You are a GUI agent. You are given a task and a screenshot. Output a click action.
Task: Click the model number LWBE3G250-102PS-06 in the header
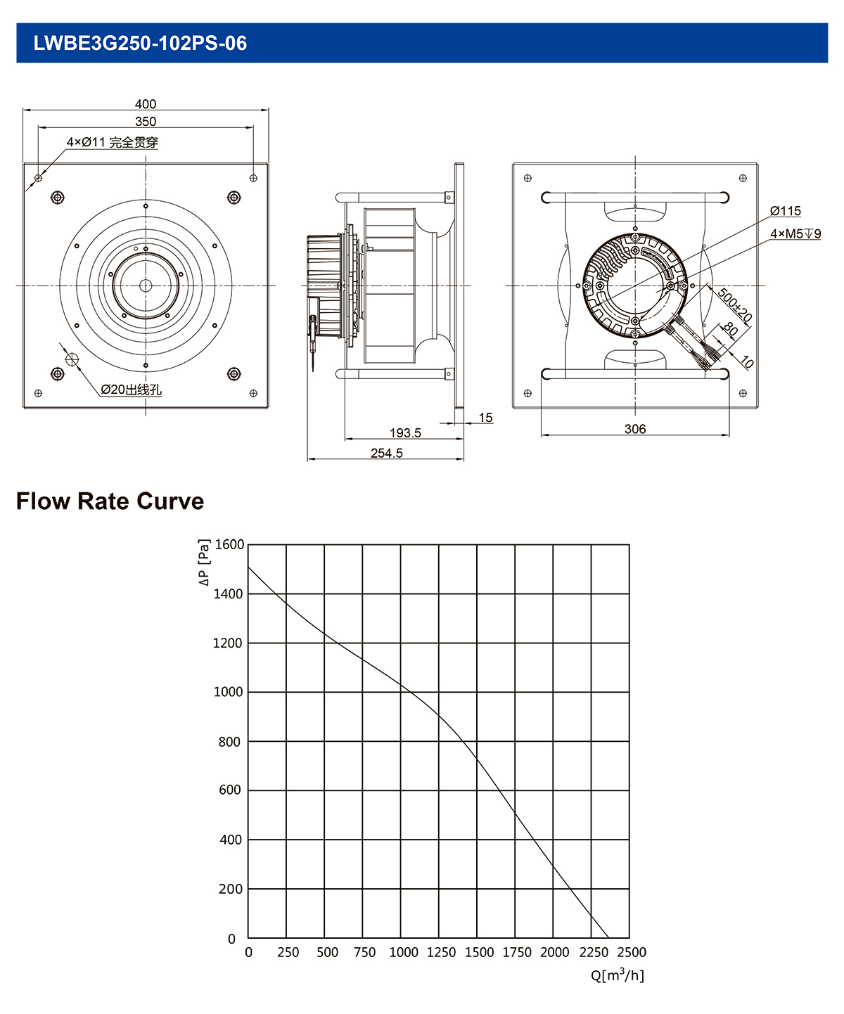click(140, 43)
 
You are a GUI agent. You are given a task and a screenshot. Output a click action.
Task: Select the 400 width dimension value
click(146, 104)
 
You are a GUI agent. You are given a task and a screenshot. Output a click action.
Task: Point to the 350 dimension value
click(146, 122)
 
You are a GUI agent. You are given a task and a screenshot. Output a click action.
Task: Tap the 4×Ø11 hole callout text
click(113, 142)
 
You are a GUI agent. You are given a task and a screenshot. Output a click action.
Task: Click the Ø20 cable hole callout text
click(132, 390)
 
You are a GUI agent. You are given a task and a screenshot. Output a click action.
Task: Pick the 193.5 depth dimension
click(405, 432)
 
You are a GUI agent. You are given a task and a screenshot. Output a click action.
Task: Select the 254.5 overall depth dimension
click(387, 453)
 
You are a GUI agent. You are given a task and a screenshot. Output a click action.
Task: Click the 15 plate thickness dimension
click(485, 418)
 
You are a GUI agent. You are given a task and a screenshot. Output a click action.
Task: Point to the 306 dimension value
click(635, 429)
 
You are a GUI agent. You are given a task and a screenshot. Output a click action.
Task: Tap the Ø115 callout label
click(785, 211)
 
